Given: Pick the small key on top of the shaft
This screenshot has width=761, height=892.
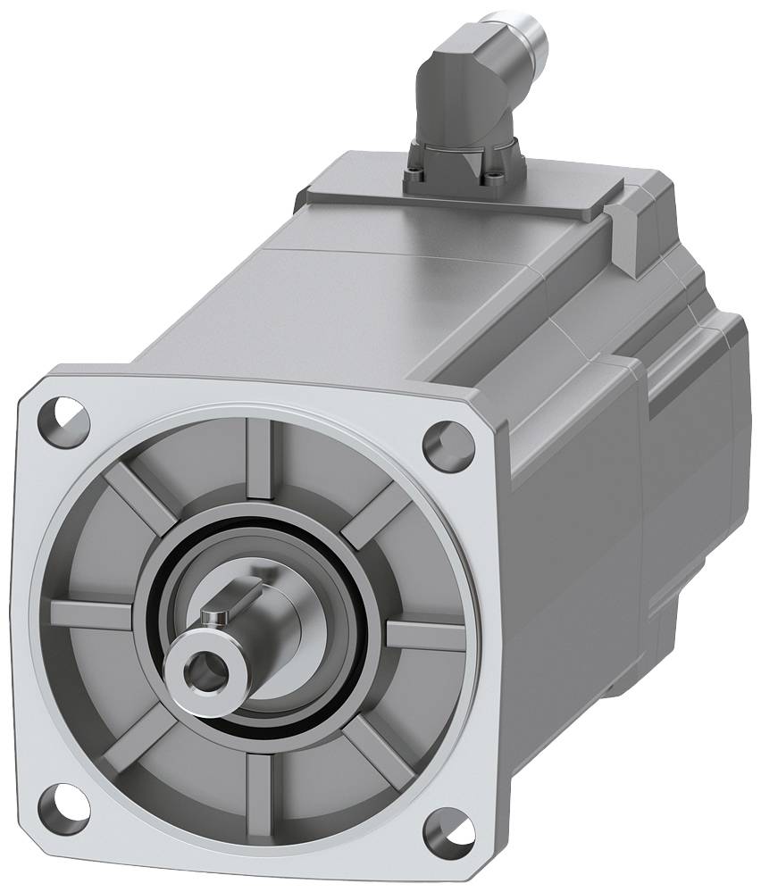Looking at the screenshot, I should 214,617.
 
